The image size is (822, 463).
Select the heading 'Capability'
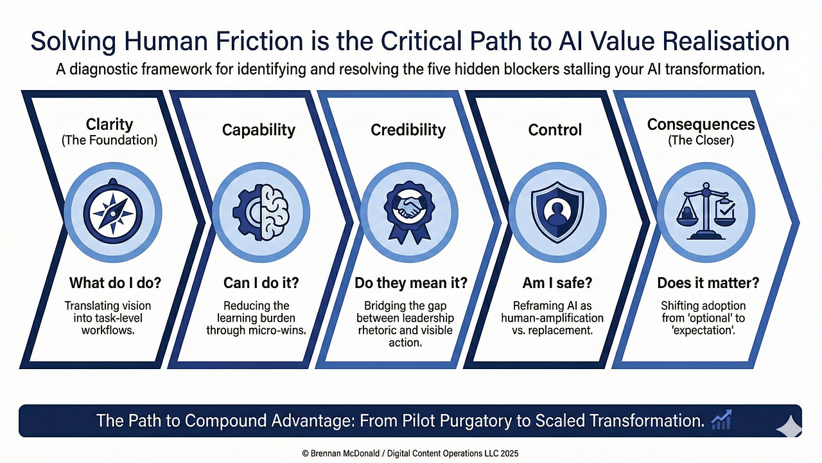[x=259, y=130]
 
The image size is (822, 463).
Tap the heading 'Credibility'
[x=408, y=130]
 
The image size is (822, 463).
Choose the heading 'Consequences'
[x=701, y=123]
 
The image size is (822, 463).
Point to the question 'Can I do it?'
[x=257, y=283]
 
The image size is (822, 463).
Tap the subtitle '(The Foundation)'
[x=109, y=140]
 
